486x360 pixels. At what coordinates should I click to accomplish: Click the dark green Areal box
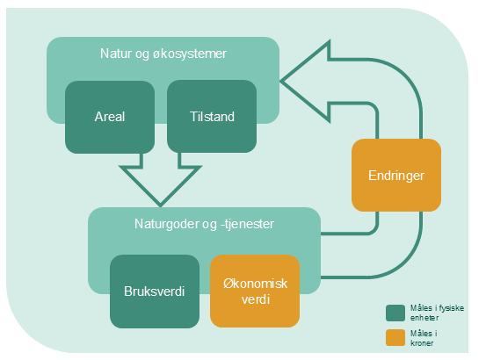(110, 117)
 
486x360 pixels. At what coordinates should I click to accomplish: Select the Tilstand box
(212, 117)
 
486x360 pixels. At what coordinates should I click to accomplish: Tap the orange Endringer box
(396, 176)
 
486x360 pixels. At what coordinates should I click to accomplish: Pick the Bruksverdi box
(155, 292)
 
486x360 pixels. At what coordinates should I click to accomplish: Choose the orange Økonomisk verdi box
(255, 291)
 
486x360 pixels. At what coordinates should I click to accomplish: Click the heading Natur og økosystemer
(163, 54)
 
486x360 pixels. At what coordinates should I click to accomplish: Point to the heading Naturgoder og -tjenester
(204, 224)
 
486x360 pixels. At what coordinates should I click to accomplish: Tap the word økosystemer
(190, 54)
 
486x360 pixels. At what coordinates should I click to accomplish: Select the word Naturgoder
(166, 224)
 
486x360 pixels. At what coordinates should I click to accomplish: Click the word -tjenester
(247, 224)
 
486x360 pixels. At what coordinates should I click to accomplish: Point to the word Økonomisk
(256, 284)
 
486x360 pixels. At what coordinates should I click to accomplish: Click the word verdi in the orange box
(256, 299)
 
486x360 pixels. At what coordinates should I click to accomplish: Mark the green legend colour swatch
(395, 313)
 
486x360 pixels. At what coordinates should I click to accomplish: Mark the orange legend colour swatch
(395, 338)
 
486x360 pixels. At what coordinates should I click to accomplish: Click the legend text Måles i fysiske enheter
(437, 313)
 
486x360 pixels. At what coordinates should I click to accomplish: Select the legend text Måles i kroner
(424, 338)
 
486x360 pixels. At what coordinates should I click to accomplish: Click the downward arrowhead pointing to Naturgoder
(160, 186)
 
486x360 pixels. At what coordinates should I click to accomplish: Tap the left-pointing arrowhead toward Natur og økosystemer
(305, 81)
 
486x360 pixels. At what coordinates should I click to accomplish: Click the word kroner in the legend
(422, 343)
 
